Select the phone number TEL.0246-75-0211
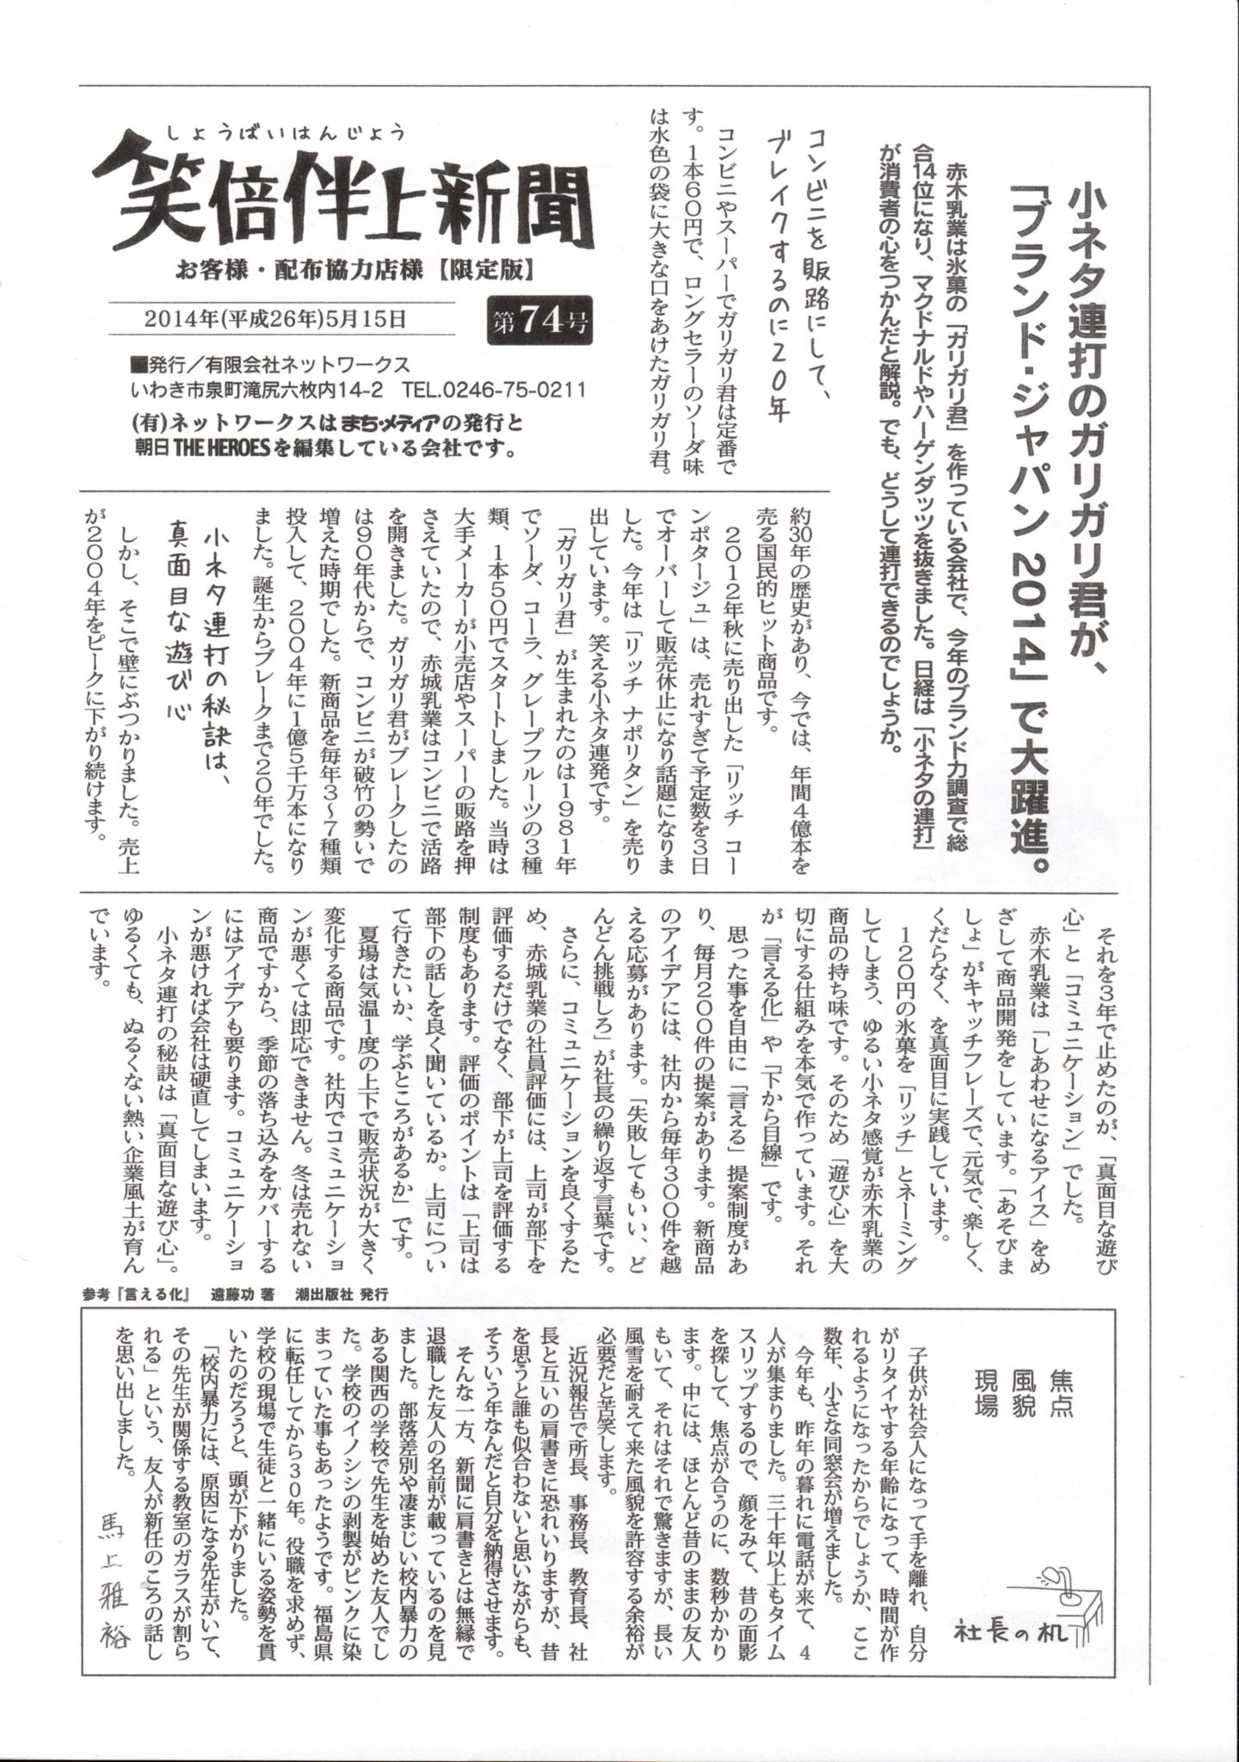[x=499, y=389]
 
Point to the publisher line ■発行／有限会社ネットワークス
[x=268, y=365]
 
